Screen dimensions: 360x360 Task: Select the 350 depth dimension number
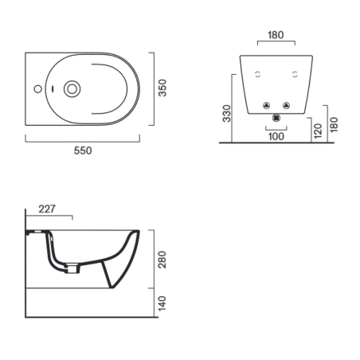162,88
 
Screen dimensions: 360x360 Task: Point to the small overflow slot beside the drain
53,88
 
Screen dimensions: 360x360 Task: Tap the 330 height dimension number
226,116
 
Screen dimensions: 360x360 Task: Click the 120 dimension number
318,130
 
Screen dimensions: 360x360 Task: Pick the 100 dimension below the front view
275,136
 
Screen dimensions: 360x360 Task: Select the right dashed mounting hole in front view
295,74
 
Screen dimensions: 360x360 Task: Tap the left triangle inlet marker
264,104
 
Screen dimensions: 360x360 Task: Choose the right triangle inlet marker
285,104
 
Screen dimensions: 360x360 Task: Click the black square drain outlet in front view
275,119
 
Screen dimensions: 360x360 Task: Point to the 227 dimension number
47,209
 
